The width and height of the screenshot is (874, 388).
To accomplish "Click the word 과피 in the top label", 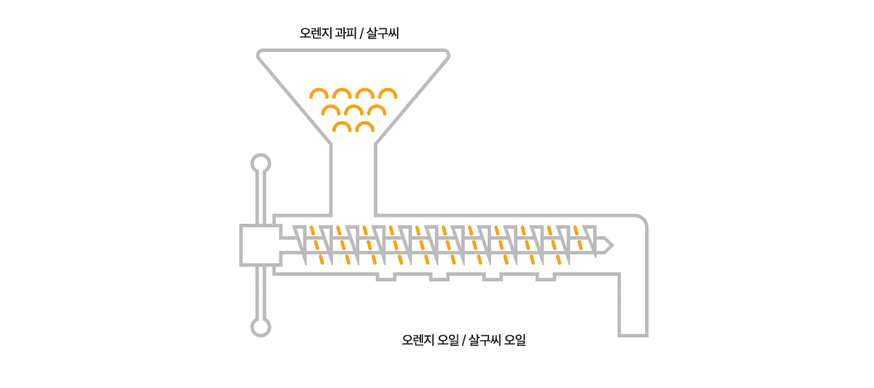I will click(345, 33).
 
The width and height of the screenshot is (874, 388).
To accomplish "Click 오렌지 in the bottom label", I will click(418, 340).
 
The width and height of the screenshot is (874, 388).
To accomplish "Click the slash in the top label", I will click(361, 33).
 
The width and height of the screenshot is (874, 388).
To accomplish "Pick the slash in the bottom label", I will click(463, 340).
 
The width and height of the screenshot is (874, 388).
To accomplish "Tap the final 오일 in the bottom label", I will click(515, 340).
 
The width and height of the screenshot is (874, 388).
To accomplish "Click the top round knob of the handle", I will click(260, 164).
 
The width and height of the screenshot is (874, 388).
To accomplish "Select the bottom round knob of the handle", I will click(260, 327).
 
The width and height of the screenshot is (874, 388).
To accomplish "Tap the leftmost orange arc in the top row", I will click(319, 94).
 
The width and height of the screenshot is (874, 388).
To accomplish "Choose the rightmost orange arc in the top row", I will click(387, 94).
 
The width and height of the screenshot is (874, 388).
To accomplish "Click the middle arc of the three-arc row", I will click(354, 110).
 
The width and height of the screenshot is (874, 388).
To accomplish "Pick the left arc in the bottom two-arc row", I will click(342, 127).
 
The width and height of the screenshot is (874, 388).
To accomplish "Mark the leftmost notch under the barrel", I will click(386, 276).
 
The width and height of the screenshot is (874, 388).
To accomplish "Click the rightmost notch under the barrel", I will click(546, 276).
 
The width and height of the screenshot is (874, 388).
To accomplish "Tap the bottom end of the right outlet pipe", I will click(633, 334).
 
